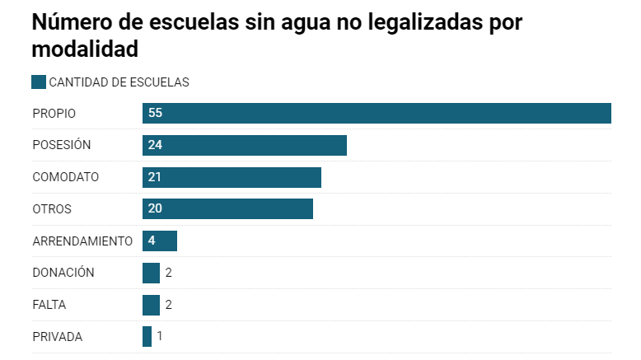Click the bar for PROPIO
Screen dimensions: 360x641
(x=377, y=113)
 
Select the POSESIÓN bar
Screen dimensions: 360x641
(x=245, y=145)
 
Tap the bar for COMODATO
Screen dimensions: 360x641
(x=232, y=177)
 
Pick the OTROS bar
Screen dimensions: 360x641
(x=227, y=208)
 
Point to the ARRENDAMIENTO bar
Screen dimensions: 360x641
(x=160, y=241)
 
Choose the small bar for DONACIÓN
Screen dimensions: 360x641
(x=151, y=273)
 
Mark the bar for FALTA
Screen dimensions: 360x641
(x=151, y=305)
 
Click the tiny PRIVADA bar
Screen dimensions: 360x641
(x=147, y=336)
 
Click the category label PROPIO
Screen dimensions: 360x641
(x=54, y=113)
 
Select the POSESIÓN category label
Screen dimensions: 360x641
(x=61, y=145)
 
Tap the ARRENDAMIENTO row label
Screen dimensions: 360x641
(x=82, y=241)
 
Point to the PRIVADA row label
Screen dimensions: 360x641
(x=58, y=336)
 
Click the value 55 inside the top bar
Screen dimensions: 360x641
(x=155, y=113)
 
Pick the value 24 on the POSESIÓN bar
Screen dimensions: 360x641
(x=155, y=145)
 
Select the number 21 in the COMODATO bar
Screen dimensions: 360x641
(x=155, y=177)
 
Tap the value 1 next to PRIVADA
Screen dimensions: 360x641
(x=160, y=336)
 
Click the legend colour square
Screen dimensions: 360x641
(x=39, y=82)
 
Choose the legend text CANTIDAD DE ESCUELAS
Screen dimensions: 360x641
(x=119, y=82)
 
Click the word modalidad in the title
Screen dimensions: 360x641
(x=84, y=49)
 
